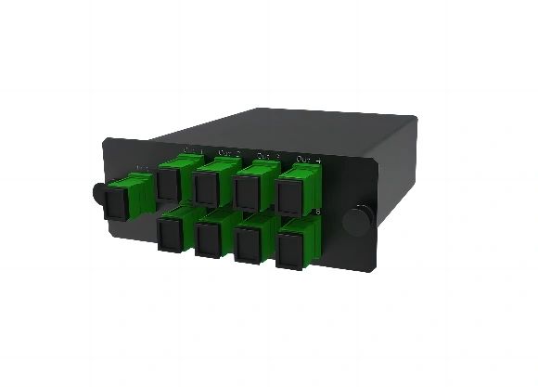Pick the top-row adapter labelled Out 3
pos(251,188)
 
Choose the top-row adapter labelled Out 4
pos(293,193)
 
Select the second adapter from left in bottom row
pos(211,233)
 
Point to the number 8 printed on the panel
pos(318,213)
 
